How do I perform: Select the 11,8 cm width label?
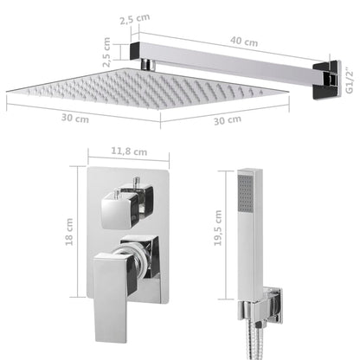coord(128,151)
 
